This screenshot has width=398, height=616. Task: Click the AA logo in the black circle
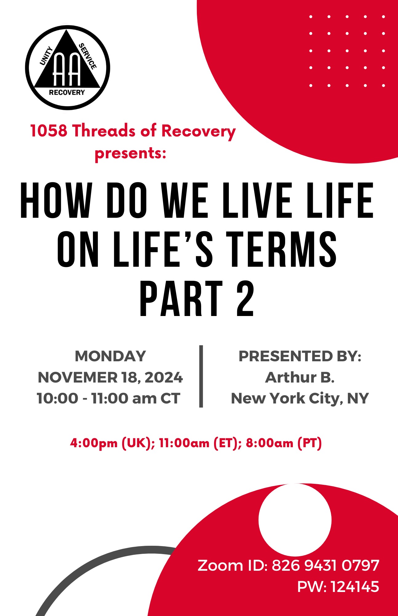(67, 67)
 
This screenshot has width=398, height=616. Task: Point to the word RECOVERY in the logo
(67, 92)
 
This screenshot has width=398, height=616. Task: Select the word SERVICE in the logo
(88, 56)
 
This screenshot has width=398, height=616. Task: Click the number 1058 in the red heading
(49, 131)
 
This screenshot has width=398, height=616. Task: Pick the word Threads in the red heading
(104, 131)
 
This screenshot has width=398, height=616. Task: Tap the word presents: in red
(130, 153)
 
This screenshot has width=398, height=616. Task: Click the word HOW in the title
(56, 201)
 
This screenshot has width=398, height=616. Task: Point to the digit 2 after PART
(245, 298)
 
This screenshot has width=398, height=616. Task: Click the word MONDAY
(110, 356)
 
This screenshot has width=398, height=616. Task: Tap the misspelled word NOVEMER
(78, 378)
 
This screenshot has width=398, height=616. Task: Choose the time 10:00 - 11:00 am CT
(108, 399)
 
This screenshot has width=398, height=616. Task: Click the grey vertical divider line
(201, 376)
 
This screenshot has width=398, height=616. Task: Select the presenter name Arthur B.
(300, 378)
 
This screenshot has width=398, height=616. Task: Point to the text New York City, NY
(300, 399)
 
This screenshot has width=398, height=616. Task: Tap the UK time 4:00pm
(94, 443)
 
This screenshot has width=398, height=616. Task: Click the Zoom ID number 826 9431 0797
(325, 565)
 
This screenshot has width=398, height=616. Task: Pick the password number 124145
(355, 586)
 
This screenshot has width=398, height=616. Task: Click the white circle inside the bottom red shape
(295, 520)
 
